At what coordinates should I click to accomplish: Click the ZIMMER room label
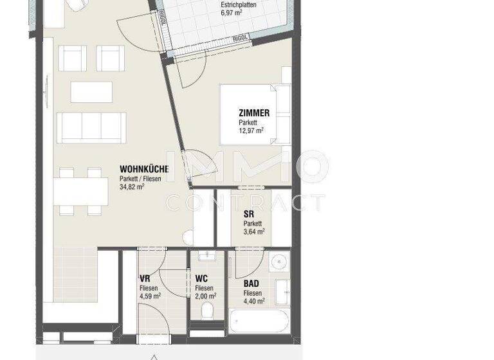pos(253,113)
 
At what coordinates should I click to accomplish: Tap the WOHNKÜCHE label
pos(144,169)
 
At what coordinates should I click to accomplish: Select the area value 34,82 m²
pos(132,187)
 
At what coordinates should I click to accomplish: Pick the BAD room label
pos(252,283)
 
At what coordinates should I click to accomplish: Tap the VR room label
pos(145,278)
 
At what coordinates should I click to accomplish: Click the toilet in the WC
pos(207,312)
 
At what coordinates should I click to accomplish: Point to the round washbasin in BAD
pos(279,262)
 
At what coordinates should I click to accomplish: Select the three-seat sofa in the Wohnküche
pos(90,127)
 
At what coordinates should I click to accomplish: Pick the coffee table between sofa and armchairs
pos(91,91)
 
